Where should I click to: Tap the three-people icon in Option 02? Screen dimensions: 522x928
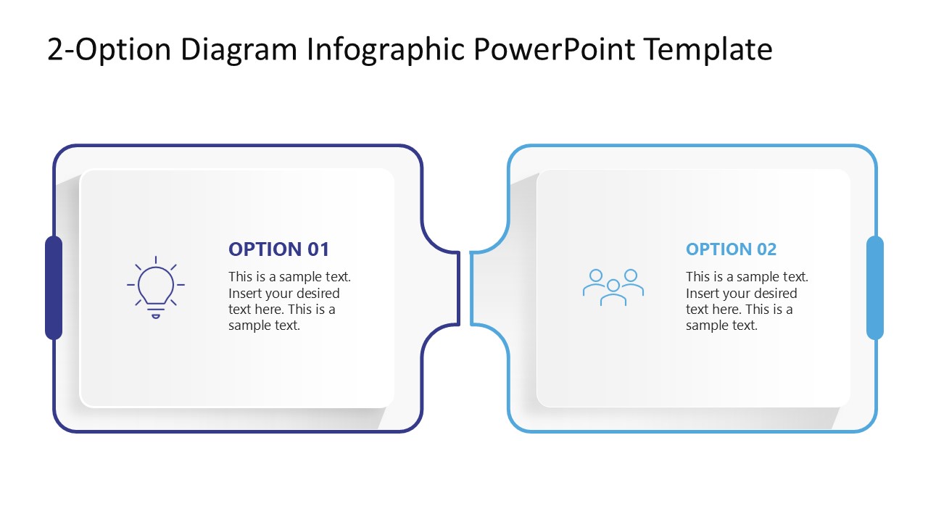613,287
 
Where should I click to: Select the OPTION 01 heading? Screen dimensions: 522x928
278,249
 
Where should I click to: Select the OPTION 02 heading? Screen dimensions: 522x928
731,249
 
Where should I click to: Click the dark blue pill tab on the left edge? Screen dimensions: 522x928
54,288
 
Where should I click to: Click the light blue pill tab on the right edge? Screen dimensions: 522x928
875,288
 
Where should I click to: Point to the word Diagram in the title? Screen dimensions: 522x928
240,49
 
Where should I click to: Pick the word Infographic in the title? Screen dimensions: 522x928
386,49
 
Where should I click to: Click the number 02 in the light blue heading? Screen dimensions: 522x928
766,249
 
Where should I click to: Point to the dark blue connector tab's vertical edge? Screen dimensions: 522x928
459,288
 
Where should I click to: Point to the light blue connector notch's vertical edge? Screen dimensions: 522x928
471,288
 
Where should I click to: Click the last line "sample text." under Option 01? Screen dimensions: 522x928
264,326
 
